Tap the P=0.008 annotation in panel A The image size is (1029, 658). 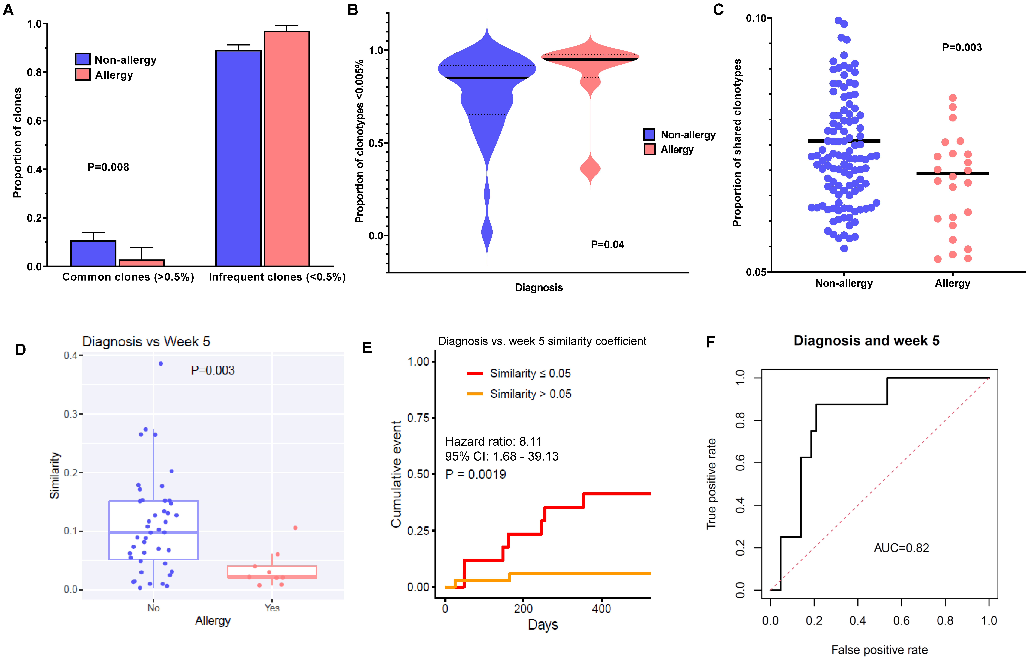(x=108, y=167)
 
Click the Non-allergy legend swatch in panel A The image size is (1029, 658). (x=83, y=59)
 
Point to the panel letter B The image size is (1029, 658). (x=353, y=9)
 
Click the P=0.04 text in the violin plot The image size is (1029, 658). (x=607, y=245)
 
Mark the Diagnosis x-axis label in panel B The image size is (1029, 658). (x=538, y=287)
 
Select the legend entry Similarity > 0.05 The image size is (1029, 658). (x=530, y=394)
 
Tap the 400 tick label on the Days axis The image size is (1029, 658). (x=601, y=608)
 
